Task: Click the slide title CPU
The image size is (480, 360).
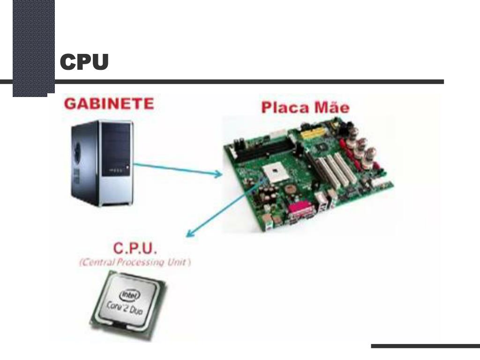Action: [x=84, y=62]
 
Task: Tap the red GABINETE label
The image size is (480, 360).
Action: [x=109, y=104]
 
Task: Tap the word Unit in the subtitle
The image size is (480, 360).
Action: [x=178, y=262]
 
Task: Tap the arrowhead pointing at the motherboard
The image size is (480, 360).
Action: [x=218, y=174]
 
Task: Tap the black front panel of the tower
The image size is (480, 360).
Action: [x=115, y=150]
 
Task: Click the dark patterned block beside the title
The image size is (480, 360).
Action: [x=33, y=47]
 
